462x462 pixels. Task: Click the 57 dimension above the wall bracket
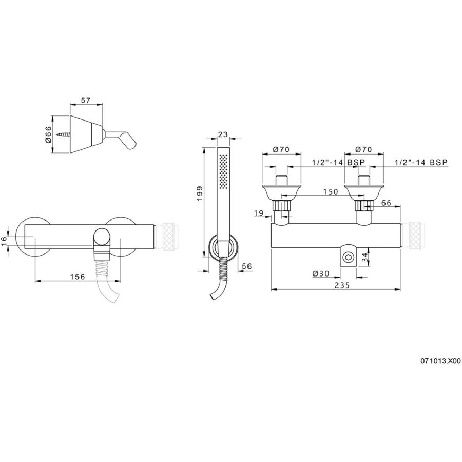85,101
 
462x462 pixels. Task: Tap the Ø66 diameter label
48,134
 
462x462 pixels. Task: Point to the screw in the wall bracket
64,135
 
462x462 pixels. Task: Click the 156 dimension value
78,277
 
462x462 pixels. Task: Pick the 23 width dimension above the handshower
223,134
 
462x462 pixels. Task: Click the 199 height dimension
200,194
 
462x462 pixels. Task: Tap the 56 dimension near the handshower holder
247,266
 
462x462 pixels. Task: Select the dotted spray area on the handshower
224,170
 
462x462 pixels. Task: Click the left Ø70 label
281,149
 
